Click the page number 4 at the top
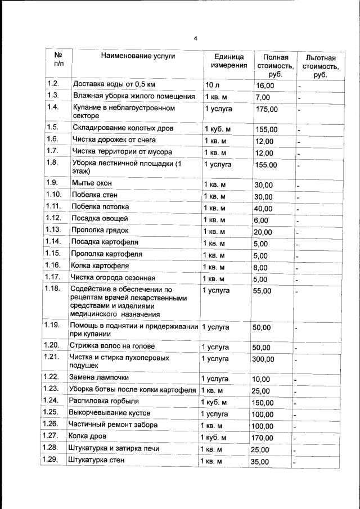[195, 38]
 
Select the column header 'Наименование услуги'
[138, 56]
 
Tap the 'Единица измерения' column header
[229, 61]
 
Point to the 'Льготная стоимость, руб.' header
[321, 66]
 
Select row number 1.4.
[53, 107]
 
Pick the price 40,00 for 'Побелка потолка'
[263, 209]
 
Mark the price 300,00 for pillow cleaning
[263, 359]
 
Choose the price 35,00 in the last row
[260, 462]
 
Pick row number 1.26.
[51, 425]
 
